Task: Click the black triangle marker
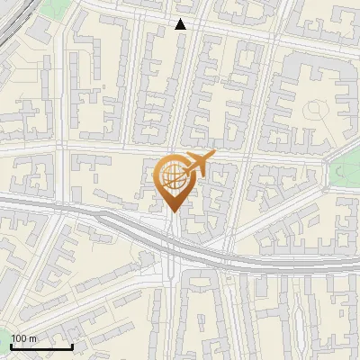tap(181, 24)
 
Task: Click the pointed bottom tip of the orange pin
tap(174, 211)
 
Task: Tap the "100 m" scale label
tap(24, 338)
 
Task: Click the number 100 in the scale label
tap(20, 338)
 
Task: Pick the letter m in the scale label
tap(33, 338)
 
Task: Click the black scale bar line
tap(41, 346)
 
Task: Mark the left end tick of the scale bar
tap(11, 346)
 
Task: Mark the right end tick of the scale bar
tap(72, 346)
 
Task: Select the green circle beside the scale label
tap(4, 340)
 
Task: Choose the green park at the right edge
tap(347, 171)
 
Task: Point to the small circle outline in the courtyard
tap(316, 109)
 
